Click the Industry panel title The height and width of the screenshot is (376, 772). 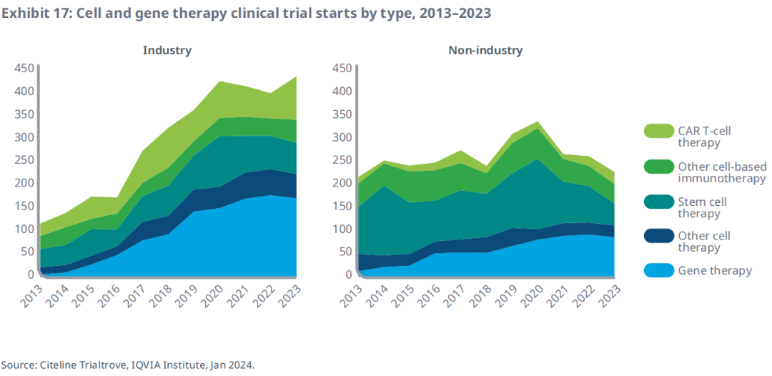pos(167,50)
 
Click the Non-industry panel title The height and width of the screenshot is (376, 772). pos(485,50)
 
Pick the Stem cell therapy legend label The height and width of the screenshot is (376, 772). pos(702,207)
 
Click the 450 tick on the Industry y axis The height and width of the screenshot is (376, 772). pos(24,69)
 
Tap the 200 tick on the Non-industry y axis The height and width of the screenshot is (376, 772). pos(342,183)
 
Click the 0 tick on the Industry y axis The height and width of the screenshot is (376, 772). pos(31,274)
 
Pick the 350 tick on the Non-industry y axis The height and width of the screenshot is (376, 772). pos(342,114)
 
